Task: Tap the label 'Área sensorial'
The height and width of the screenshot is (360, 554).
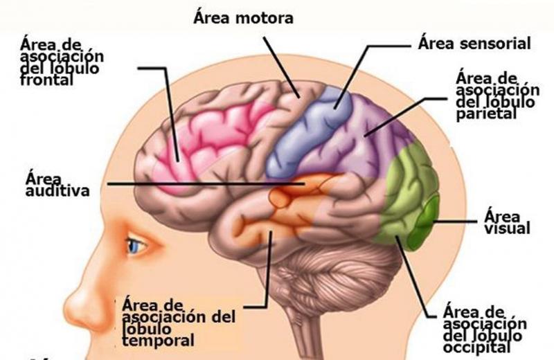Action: click(474, 44)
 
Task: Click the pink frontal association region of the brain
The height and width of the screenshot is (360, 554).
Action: click(208, 132)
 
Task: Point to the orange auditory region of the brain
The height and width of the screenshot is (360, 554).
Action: click(291, 201)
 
